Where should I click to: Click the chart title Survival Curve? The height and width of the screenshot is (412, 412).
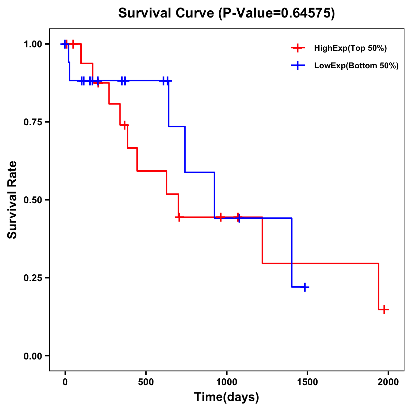pos(167,13)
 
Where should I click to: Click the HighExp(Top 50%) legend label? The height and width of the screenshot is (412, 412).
pos(350,48)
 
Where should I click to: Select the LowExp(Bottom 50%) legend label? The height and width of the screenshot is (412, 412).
pos(356,66)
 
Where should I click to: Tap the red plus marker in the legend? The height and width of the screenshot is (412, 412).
pos(298,48)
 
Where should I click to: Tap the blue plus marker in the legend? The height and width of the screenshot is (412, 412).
pos(298,66)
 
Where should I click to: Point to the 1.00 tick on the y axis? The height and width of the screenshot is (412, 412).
pos(33,44)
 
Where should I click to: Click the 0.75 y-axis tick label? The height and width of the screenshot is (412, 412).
pos(33,122)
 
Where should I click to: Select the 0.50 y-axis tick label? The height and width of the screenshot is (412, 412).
pos(33,200)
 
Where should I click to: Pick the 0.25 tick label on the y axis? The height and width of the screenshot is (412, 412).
pos(33,278)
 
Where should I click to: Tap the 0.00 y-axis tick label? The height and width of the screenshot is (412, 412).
pos(33,356)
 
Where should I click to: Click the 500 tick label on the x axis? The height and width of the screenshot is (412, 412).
pos(146,382)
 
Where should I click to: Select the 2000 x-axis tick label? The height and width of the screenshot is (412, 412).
pos(388,382)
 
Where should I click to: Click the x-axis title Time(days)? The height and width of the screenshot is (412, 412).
pos(227,397)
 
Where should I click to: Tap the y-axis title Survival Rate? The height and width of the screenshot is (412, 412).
pos(12,200)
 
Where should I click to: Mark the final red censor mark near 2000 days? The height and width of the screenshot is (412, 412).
pos(385,309)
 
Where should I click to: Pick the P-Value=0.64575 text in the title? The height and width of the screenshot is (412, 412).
pos(277,13)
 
